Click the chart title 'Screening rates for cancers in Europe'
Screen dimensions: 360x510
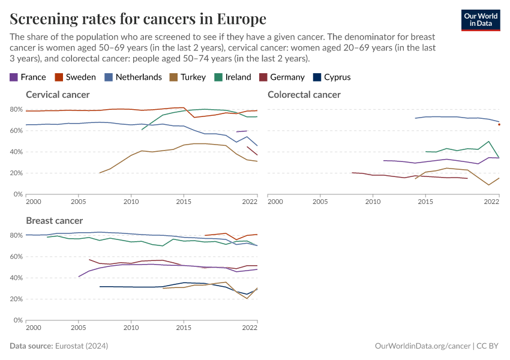coord(138,19)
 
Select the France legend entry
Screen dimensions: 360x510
coord(28,77)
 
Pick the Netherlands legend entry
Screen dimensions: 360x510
coord(133,77)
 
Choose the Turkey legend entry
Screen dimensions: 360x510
coord(188,77)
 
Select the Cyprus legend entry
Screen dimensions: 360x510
coord(331,77)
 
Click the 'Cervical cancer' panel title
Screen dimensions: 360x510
coord(58,94)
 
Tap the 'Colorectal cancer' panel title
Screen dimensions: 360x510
coord(304,94)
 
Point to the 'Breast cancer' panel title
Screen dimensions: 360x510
coord(54,221)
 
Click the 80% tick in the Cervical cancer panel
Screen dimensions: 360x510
coord(16,109)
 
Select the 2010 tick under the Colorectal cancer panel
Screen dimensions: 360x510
coord(373,202)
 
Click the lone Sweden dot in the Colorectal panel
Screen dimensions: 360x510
coord(499,125)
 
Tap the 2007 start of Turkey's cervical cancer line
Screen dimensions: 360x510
coord(100,173)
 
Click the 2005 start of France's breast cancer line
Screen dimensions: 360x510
coord(79,277)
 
